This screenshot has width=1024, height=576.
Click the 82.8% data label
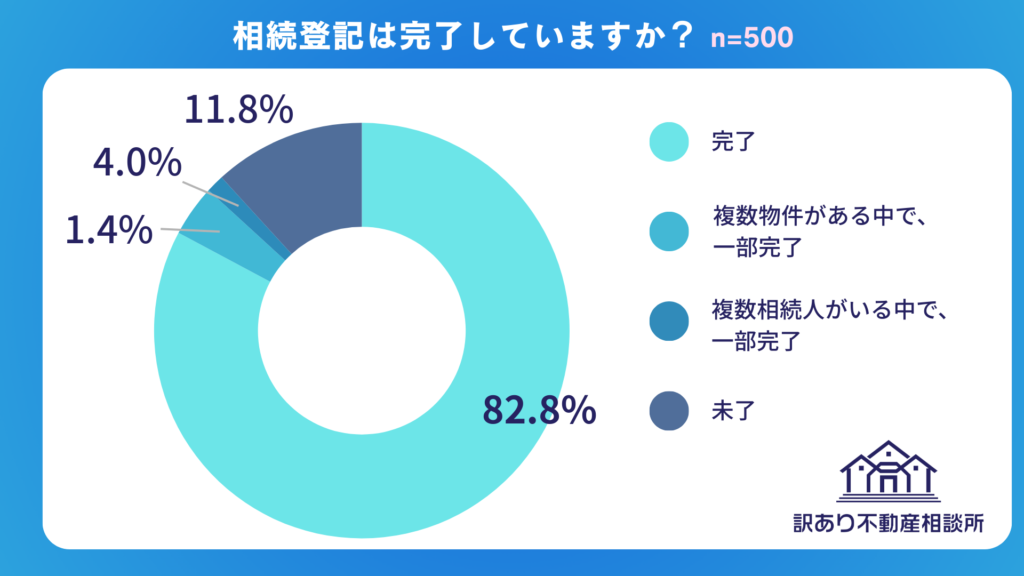(x=539, y=410)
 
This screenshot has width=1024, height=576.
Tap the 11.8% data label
(x=239, y=109)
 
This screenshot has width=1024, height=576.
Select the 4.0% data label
(x=137, y=163)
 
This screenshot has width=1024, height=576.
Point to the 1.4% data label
(x=109, y=231)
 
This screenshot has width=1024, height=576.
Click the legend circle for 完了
(x=668, y=142)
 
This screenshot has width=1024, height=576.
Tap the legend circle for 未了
(x=668, y=409)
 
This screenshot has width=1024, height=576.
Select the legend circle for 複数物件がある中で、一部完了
(x=668, y=232)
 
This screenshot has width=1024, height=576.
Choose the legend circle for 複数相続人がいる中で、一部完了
(x=668, y=322)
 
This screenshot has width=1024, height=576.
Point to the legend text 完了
(x=732, y=142)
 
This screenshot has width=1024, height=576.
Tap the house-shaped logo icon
(x=888, y=470)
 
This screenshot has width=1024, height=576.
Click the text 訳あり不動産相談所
(x=888, y=523)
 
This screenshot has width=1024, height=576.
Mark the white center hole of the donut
(x=362, y=330)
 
